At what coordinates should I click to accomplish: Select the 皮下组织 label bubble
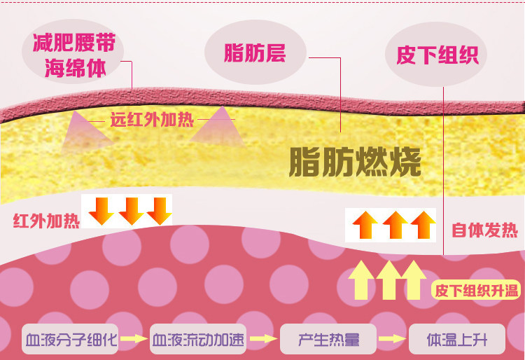tap(437, 55)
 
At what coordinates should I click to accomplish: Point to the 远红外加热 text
tap(152, 119)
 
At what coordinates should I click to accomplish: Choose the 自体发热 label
tap(484, 230)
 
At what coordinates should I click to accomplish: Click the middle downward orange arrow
tap(129, 210)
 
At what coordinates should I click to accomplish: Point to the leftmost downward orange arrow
tap(100, 210)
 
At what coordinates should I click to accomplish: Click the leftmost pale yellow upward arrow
tap(361, 279)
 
